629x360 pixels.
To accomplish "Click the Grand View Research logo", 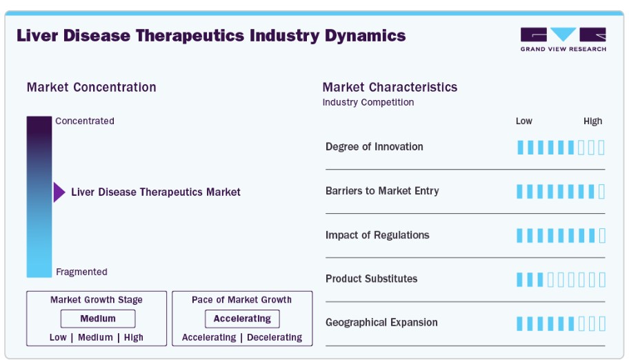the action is [563, 39].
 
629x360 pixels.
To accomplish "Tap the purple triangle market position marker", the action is [59, 192].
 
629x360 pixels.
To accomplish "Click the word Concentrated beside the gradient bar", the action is [85, 121].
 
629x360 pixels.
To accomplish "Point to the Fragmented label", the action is [81, 272].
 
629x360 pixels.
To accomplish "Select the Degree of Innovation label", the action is [375, 146].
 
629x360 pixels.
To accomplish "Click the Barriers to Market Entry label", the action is [382, 190].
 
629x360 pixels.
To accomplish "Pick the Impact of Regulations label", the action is [377, 234].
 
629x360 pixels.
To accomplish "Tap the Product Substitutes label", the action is [372, 279].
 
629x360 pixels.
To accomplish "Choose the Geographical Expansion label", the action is [381, 322].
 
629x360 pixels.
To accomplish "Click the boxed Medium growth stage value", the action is [98, 319].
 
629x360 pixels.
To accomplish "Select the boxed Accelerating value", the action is [242, 319].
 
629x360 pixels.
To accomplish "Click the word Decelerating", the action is [274, 337].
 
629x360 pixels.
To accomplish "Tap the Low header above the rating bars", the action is [524, 121].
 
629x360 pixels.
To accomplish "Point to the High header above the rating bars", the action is [593, 121].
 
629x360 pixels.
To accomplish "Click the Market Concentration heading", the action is [92, 87].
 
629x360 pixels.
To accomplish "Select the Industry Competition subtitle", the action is [368, 102].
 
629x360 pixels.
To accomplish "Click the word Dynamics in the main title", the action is [365, 36].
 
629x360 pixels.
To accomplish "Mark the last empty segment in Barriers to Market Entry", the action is [601, 192].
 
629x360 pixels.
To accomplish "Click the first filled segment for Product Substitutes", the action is [520, 280].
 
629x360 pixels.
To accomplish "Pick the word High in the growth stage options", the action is [134, 337].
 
